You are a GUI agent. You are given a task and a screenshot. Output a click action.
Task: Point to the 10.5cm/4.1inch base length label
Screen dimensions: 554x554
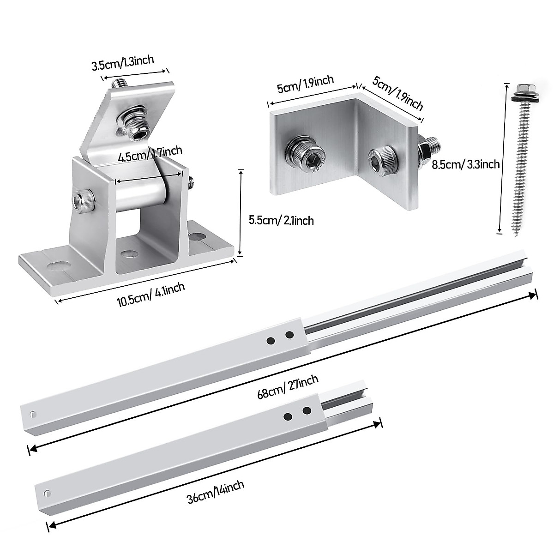pos(151,295)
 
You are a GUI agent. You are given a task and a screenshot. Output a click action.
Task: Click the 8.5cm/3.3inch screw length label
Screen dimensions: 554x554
pos(465,163)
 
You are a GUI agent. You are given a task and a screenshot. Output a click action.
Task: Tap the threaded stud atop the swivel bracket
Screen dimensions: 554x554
pos(119,84)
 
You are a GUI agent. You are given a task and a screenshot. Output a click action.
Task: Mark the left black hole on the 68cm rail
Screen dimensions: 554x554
pos(271,341)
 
